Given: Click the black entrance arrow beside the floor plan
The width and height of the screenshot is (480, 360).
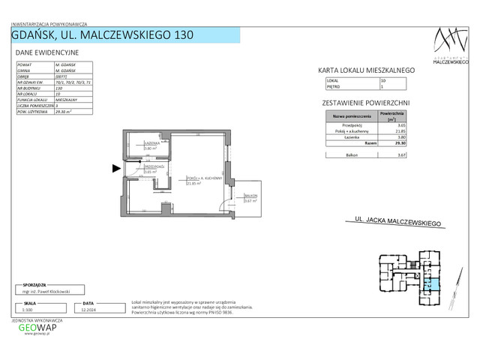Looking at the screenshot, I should click(x=115, y=169).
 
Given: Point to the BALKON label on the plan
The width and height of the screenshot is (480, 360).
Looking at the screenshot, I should click(x=250, y=196).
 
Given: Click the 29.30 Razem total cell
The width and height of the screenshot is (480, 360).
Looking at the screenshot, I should click(x=398, y=144).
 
